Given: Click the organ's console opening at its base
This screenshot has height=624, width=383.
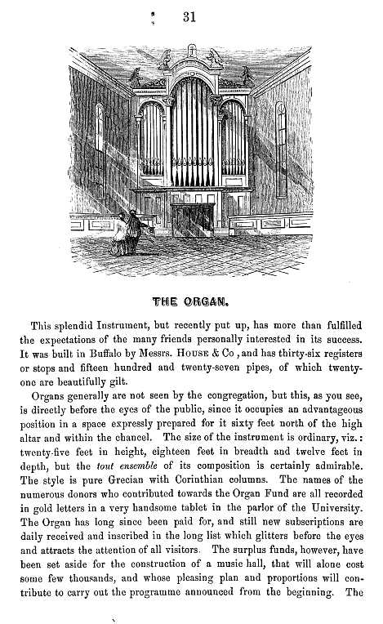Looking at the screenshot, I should [193, 216].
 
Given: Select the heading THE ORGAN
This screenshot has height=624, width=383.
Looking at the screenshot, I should [191, 299].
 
